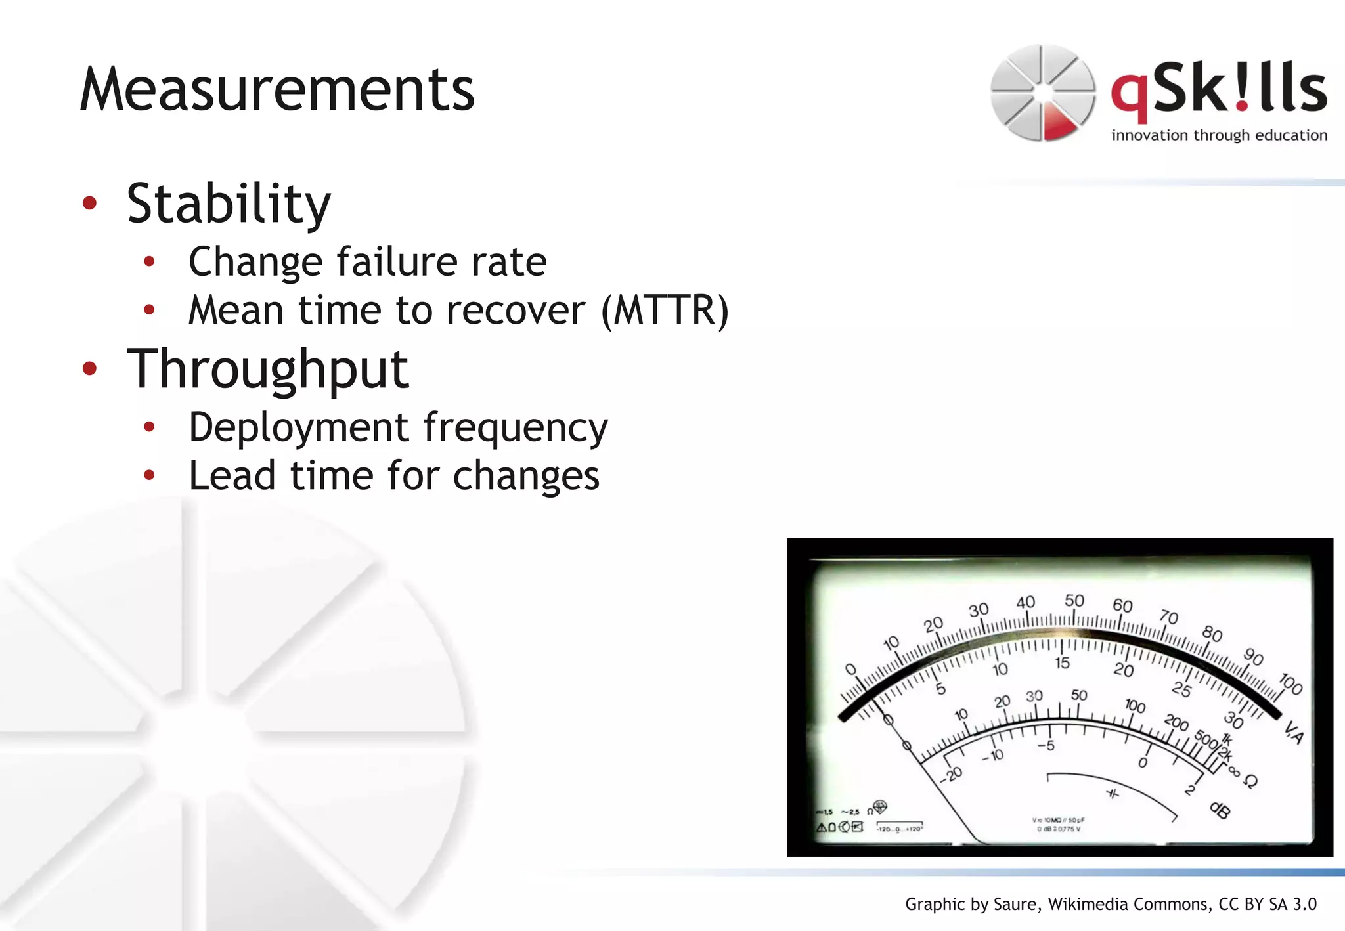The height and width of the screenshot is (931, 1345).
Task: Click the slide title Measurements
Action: (276, 90)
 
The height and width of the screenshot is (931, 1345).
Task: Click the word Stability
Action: (229, 204)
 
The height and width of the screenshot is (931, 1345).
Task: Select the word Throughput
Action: (267, 370)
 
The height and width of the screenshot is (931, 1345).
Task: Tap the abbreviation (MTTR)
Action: (665, 310)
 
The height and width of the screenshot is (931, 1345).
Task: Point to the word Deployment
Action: (298, 428)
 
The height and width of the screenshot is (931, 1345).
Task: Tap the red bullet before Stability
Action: (90, 203)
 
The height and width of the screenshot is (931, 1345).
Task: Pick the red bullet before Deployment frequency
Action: (149, 427)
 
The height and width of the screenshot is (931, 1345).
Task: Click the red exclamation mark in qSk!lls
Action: (1241, 89)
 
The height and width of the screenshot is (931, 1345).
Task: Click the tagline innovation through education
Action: (1219, 135)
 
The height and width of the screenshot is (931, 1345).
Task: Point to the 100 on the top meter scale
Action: (1290, 683)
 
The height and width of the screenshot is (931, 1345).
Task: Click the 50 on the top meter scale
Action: (1074, 600)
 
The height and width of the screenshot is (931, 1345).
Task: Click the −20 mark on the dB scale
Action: (950, 775)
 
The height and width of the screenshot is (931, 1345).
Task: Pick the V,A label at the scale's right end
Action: (1293, 732)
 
